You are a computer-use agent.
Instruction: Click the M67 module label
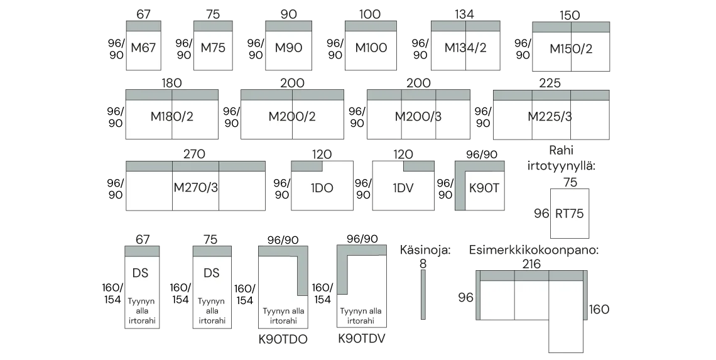pos(143,48)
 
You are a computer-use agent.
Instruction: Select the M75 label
pos(214,48)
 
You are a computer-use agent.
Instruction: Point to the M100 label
pos(371,48)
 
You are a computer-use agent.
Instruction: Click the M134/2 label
pos(465,48)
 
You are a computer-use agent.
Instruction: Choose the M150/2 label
pos(571,49)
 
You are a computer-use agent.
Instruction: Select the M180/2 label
pos(172,116)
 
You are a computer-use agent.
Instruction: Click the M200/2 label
pos(292,116)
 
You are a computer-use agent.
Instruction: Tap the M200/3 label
pos(418,116)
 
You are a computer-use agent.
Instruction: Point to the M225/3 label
pos(551,116)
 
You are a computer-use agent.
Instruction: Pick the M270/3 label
pos(195,187)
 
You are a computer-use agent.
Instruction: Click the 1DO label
pos(322,187)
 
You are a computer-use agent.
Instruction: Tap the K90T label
pos(484,187)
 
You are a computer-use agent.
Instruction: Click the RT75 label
pos(569,214)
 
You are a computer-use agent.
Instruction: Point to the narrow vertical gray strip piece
pos(423,292)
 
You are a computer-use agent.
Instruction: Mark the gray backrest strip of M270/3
pos(195,166)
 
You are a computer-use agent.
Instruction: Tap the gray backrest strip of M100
pos(369,25)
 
